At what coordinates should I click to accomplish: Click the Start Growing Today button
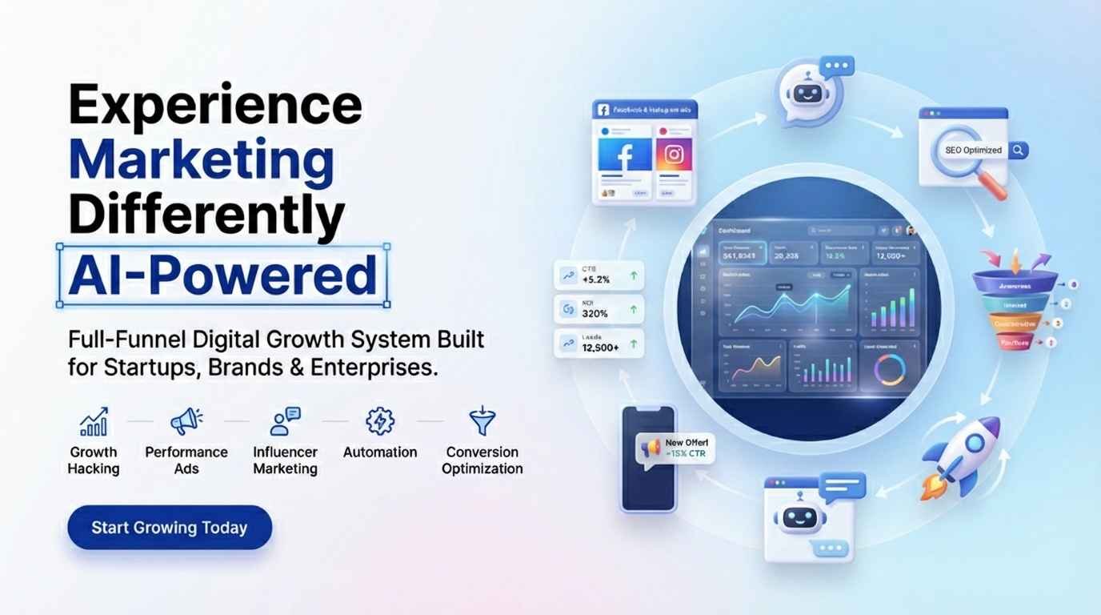pyautogui.click(x=170, y=528)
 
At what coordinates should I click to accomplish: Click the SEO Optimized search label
pyautogui.click(x=972, y=150)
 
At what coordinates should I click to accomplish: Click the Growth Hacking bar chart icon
pyautogui.click(x=94, y=422)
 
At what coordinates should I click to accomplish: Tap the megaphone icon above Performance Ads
pyautogui.click(x=186, y=421)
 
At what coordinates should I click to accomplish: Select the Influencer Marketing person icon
pyautogui.click(x=285, y=421)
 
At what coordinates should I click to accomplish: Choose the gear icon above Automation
pyautogui.click(x=379, y=421)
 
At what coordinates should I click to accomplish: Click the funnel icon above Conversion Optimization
pyautogui.click(x=482, y=421)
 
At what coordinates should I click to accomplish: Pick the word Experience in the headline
pyautogui.click(x=214, y=104)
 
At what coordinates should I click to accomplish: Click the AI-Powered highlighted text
pyautogui.click(x=222, y=275)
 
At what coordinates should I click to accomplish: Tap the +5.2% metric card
pyautogui.click(x=599, y=275)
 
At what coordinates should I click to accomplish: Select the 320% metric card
pyautogui.click(x=599, y=308)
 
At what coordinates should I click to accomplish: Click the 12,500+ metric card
pyautogui.click(x=599, y=343)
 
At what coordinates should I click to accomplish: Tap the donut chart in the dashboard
pyautogui.click(x=889, y=370)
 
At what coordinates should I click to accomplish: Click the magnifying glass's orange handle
pyautogui.click(x=995, y=187)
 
